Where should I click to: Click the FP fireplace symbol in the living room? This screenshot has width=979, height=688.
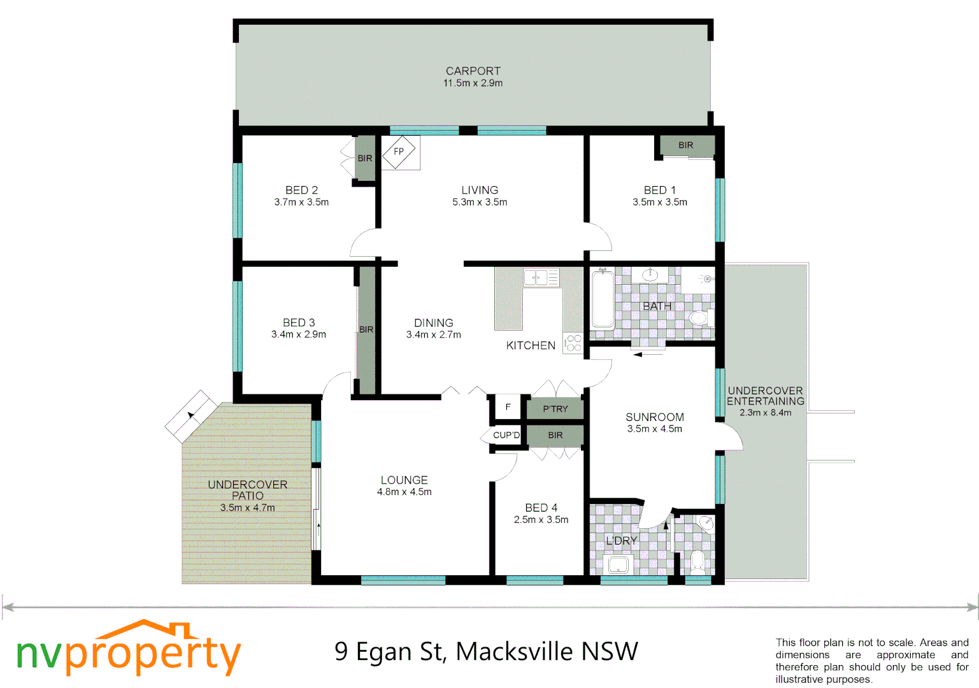399,152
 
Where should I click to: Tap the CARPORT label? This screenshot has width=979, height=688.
473,71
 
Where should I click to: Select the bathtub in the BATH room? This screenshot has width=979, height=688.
603,299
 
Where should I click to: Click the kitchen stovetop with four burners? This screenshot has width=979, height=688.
573,343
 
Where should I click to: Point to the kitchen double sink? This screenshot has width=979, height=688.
536,277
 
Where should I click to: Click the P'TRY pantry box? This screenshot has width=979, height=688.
555,409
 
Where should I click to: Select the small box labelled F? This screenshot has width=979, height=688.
508,407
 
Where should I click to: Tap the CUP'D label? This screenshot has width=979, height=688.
506,435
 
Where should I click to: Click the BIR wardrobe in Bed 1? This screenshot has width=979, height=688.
686,146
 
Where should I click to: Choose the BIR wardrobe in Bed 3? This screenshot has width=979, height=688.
366,329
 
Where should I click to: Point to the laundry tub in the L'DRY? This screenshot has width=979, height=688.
618,564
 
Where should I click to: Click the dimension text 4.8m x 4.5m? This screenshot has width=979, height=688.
404,492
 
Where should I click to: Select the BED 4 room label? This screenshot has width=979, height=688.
541,508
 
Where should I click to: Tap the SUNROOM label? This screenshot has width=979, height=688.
654,417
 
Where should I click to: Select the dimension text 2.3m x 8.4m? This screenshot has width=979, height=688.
765,413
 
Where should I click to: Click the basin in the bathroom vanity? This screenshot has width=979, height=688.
650,275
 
